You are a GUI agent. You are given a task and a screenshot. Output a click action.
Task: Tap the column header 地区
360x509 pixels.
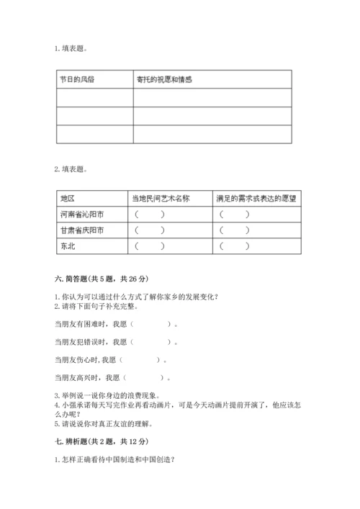coord(68,197)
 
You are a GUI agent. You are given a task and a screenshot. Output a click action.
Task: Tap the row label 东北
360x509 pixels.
coord(68,246)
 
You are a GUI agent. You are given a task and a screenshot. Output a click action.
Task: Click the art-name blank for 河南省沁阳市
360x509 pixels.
coord(149,214)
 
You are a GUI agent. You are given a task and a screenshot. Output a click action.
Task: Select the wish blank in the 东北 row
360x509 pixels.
coord(235,246)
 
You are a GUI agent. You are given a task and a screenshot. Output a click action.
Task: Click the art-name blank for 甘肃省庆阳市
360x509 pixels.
coord(149,230)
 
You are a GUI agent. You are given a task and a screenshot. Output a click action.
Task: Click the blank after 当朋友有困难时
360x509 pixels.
coord(152,324)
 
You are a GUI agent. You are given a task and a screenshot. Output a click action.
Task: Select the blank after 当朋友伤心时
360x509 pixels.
coord(144,359)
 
